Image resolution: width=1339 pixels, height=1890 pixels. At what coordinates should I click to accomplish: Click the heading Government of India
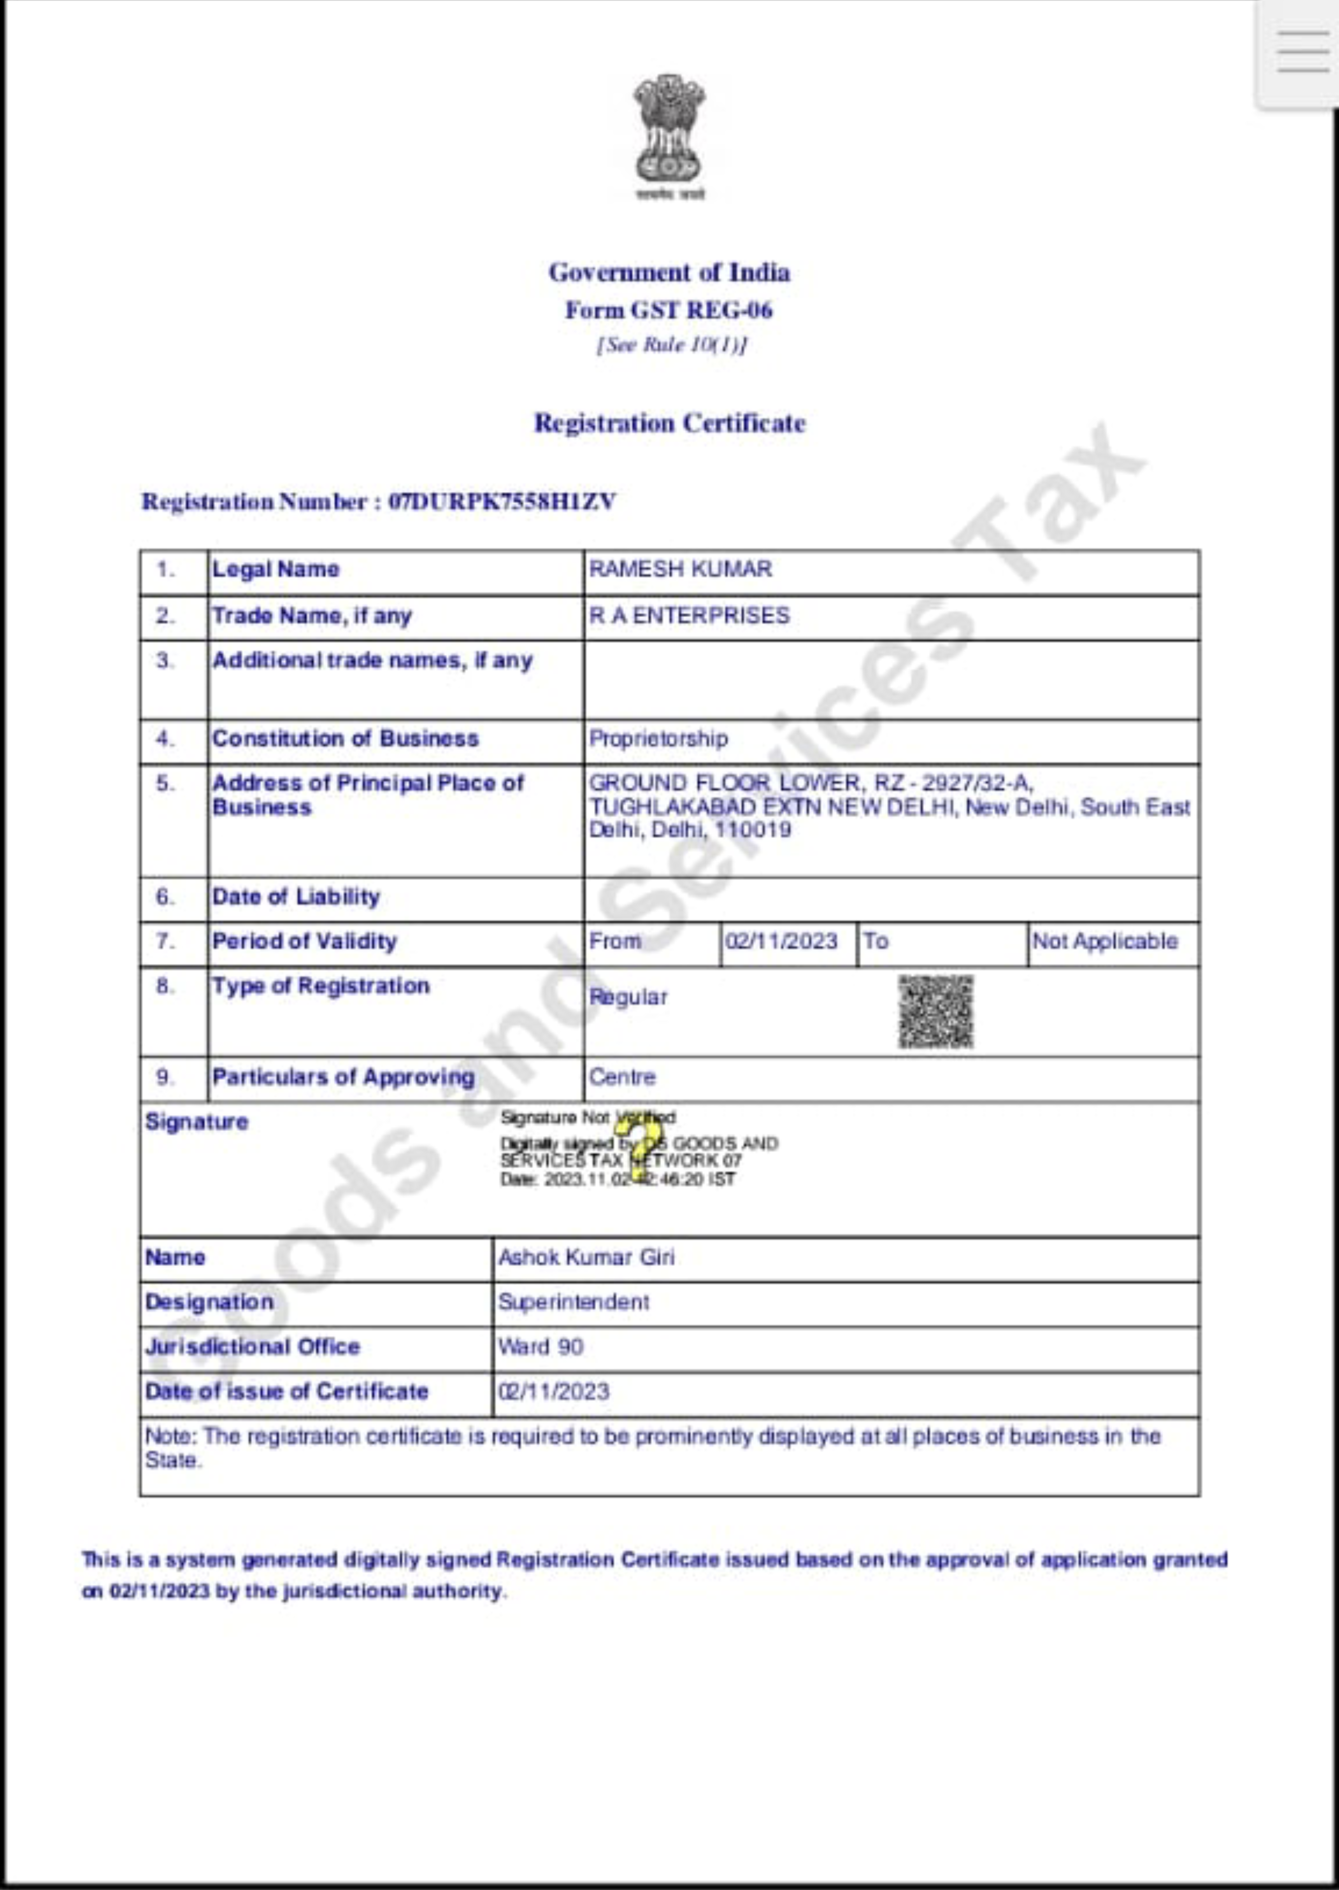coord(669,272)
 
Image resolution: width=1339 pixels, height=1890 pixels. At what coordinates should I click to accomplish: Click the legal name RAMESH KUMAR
coord(680,569)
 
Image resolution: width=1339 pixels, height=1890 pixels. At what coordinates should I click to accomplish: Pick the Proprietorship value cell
coord(658,738)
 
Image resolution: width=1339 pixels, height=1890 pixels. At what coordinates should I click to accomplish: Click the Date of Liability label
coord(296,896)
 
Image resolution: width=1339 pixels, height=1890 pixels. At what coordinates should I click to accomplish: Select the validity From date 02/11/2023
coord(781,941)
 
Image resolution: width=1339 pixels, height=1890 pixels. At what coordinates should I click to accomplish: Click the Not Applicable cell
coord(1105,941)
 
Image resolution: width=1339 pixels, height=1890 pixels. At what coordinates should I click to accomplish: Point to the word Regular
coord(627,997)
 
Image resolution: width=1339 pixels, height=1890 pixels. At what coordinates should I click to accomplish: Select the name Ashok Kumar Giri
coord(586,1258)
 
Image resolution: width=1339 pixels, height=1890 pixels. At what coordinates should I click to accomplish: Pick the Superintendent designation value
coord(573,1302)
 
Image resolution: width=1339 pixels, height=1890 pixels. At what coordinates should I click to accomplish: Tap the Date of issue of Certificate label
coord(286,1391)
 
